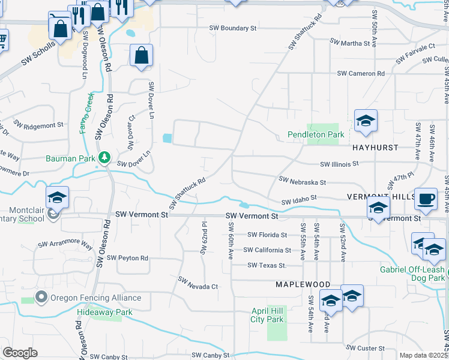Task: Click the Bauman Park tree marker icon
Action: [105, 158]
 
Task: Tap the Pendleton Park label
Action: [316, 135]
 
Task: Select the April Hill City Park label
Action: [267, 316]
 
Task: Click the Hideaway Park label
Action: [104, 313]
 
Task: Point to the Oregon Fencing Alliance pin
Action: [41, 297]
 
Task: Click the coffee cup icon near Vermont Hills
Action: [426, 199]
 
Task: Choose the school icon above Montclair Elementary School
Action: [58, 197]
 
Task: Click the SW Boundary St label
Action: [233, 28]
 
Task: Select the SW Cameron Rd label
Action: [361, 73]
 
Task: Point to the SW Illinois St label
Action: [339, 163]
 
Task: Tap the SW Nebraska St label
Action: [303, 180]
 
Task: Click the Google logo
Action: [20, 353]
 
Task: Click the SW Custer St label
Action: [365, 348]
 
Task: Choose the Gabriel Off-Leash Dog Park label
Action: [413, 274]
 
